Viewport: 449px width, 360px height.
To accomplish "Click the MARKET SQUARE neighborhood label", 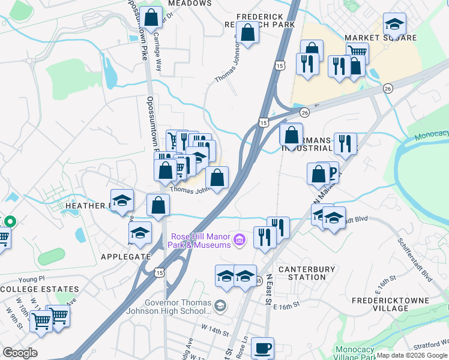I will [381, 38].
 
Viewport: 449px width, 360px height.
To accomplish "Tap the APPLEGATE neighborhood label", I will [109, 256].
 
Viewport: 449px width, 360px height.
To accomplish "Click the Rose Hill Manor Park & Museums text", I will [200, 241].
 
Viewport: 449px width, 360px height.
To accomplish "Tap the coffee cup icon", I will [262, 348].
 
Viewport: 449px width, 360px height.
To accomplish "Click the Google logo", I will [20, 353].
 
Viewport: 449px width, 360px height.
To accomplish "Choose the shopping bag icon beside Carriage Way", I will [152, 17].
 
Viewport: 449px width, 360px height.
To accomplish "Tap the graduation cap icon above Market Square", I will [394, 25].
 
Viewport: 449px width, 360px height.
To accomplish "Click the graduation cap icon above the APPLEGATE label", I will [140, 233].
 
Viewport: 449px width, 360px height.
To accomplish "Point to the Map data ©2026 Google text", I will [412, 355].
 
